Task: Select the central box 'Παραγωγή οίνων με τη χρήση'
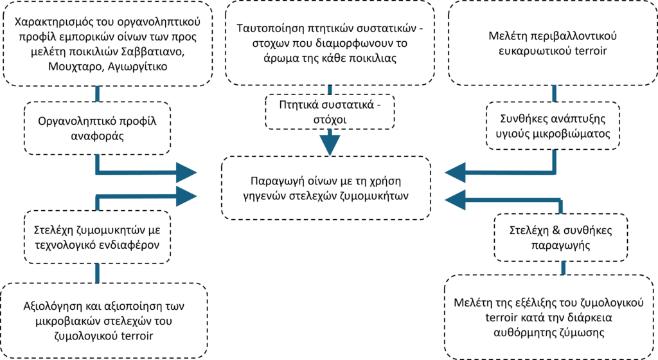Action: [330, 186]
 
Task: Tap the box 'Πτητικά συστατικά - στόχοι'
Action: [330, 111]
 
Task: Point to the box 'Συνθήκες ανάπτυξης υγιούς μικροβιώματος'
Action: [553, 127]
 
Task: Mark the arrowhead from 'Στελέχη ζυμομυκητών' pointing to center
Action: [186, 195]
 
